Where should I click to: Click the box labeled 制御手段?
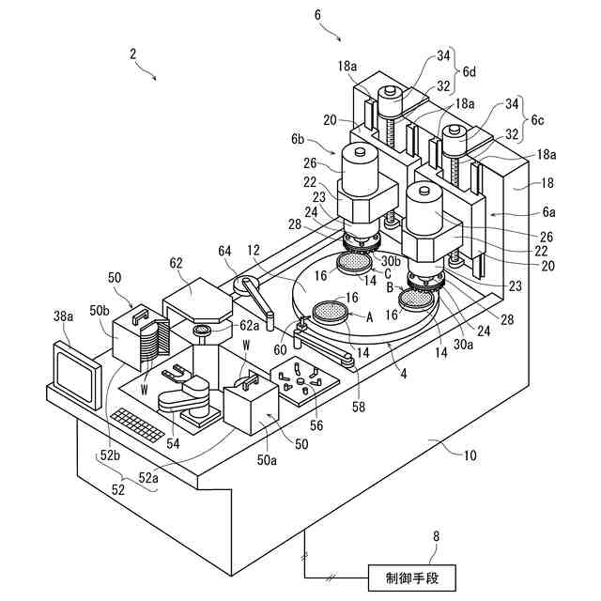pos(412,576)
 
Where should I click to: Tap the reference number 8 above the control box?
pos(435,537)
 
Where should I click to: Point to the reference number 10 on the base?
pos(470,456)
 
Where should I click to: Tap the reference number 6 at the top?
pos(316,14)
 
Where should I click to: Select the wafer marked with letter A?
pos(329,312)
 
